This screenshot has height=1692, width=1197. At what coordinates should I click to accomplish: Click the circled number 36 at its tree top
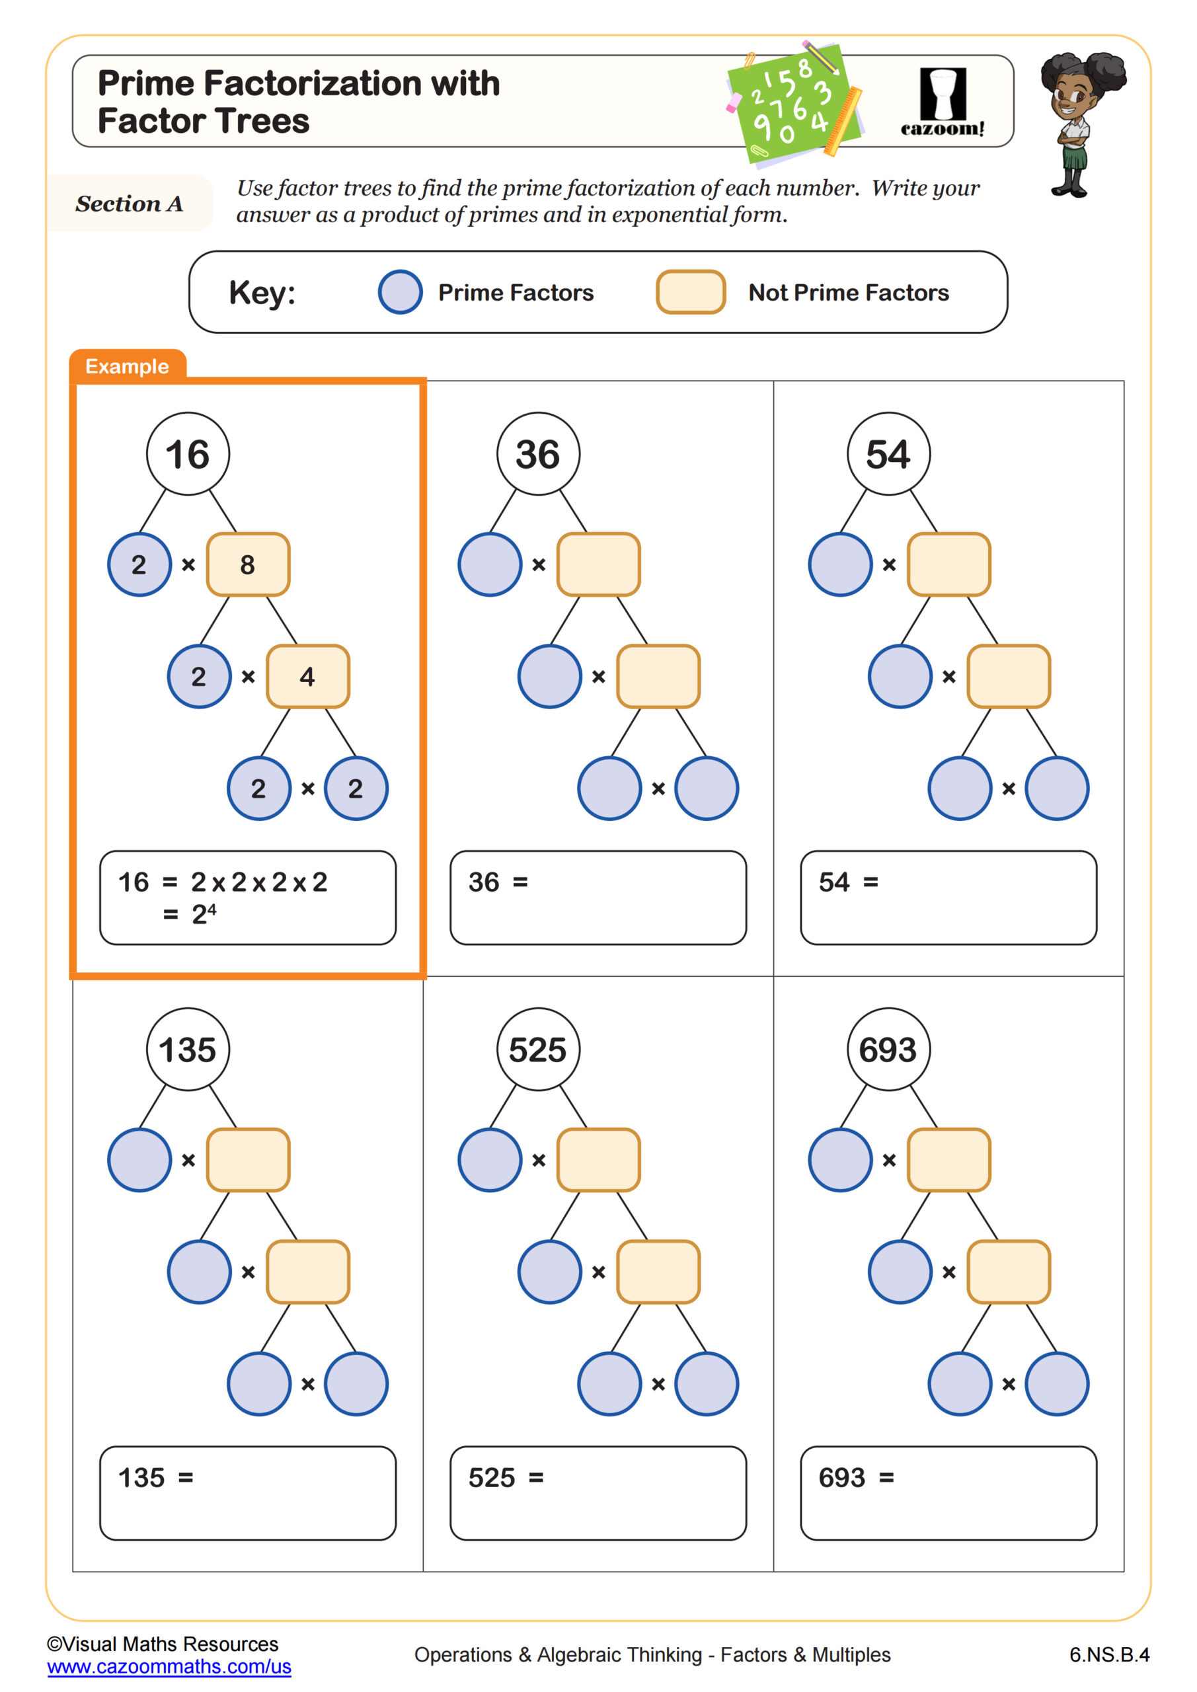(538, 453)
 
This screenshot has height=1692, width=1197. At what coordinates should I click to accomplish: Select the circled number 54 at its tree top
(888, 453)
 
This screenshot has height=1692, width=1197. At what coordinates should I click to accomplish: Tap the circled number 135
(188, 1049)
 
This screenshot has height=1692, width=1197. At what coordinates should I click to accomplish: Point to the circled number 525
(538, 1049)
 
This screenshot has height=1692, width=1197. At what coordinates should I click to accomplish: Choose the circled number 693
(888, 1049)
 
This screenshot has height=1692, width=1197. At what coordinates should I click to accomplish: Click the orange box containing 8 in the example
(248, 564)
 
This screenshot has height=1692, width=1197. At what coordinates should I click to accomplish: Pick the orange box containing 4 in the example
(307, 677)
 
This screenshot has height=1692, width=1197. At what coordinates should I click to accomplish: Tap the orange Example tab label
(127, 366)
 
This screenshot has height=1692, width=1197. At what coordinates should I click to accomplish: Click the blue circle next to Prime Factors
(401, 292)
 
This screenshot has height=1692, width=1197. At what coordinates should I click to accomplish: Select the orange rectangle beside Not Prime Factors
(691, 292)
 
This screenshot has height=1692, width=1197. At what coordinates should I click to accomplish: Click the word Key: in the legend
(262, 293)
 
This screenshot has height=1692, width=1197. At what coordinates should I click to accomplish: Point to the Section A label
(130, 204)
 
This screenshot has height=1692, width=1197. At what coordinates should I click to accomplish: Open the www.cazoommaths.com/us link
(169, 1666)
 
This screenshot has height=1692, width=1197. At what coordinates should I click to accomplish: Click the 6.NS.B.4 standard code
(1108, 1654)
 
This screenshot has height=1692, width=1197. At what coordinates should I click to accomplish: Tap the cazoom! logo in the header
(942, 102)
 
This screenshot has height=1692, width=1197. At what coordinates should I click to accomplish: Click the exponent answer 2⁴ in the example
(204, 914)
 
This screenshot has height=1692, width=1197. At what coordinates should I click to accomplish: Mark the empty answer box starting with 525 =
(598, 1493)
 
